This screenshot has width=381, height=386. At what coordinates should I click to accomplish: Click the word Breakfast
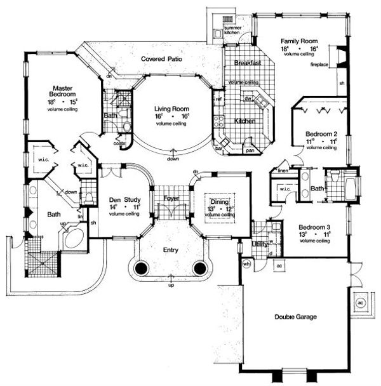[244, 63]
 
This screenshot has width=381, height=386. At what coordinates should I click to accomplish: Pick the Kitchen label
[245, 120]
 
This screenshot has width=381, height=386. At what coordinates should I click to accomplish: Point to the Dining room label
[218, 201]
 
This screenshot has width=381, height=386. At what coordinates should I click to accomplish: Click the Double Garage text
[296, 316]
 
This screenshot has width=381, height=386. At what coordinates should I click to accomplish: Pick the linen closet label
[283, 170]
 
